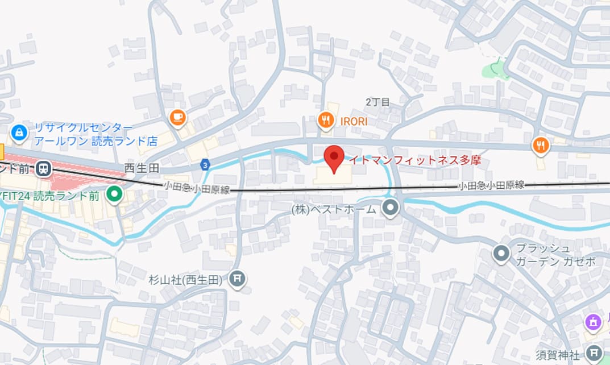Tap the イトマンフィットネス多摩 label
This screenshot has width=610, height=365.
tap(414, 160)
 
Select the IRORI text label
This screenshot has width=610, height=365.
tap(354, 122)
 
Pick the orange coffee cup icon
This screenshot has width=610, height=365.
tap(178, 117)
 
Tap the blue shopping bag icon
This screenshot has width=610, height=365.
tap(19, 133)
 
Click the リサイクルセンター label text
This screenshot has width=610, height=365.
tap(84, 127)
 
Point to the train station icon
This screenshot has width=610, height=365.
tap(43, 168)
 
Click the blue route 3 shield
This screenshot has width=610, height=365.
tap(205, 165)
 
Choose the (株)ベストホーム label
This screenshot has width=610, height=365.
tap(334, 209)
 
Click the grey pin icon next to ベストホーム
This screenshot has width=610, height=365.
tap(390, 208)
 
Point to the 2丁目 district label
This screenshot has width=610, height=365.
tap(377, 102)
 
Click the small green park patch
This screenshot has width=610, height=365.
tap(495, 69)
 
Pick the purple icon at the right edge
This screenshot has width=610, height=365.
tap(593, 322)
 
